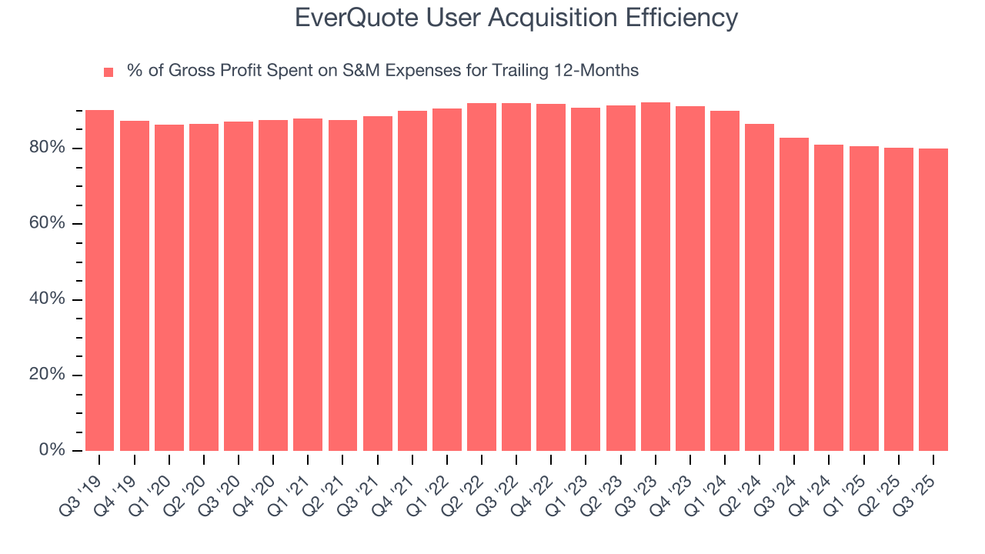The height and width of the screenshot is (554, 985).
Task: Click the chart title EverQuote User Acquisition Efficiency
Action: click(x=516, y=18)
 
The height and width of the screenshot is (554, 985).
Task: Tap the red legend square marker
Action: click(x=109, y=72)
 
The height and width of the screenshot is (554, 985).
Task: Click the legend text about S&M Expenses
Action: click(x=382, y=71)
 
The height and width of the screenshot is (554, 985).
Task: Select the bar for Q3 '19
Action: click(x=99, y=281)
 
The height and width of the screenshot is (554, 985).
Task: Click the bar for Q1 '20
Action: click(x=169, y=288)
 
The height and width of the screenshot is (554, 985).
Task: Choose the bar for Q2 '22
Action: click(x=482, y=277)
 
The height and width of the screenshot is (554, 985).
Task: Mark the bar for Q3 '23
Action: click(x=656, y=277)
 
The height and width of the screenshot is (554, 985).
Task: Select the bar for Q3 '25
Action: click(x=933, y=299)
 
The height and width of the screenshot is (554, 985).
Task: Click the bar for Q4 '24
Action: click(x=829, y=298)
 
